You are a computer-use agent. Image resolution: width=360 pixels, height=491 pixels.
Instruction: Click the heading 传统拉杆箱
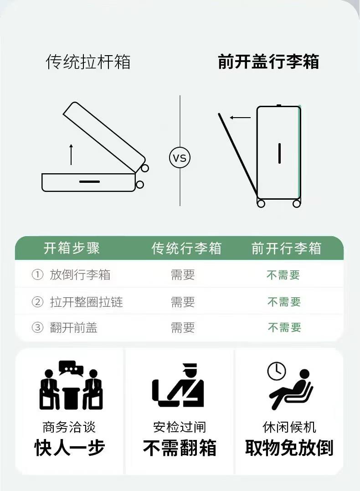click(x=88, y=62)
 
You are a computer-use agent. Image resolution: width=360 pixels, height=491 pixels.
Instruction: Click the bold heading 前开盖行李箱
click(x=268, y=62)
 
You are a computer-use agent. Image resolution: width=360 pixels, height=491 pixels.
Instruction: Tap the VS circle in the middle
click(x=180, y=158)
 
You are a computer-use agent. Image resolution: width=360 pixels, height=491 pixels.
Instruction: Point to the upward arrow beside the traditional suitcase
click(x=71, y=154)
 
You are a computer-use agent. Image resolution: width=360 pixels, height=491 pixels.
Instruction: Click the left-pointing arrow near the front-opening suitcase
click(x=240, y=118)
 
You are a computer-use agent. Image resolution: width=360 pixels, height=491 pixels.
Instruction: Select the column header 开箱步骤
click(x=72, y=248)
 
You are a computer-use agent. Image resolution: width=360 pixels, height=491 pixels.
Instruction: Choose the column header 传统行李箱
click(x=186, y=248)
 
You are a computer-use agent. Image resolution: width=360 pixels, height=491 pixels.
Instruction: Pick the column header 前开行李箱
click(x=287, y=248)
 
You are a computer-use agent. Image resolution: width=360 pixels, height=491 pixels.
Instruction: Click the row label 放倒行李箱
click(x=80, y=274)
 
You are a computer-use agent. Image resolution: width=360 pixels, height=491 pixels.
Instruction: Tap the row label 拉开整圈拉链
click(x=86, y=302)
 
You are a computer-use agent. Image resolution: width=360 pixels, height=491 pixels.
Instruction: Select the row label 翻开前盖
click(x=73, y=327)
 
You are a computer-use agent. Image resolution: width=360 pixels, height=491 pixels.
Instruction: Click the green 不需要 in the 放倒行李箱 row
click(x=283, y=275)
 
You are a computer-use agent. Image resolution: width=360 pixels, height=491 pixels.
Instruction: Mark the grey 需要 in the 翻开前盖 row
click(x=183, y=327)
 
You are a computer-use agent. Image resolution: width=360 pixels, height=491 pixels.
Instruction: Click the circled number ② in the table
click(x=37, y=302)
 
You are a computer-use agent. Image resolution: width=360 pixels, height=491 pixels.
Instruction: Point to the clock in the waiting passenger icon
click(x=277, y=371)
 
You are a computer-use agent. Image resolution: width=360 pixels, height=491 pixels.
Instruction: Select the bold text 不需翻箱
click(x=180, y=448)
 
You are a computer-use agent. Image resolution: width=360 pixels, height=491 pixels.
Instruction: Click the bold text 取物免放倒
click(x=289, y=448)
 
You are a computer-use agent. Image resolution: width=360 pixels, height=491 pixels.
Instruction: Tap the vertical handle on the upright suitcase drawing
click(x=279, y=153)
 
